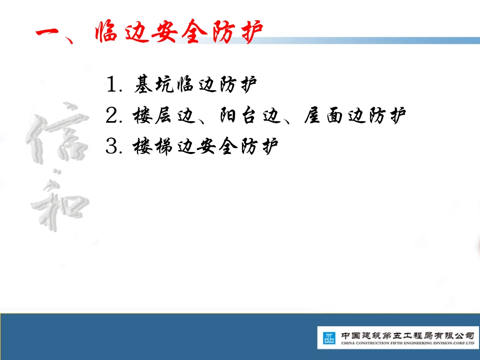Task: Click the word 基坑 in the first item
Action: (x=155, y=85)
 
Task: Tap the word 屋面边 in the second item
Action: (x=334, y=116)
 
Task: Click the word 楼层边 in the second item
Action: (x=156, y=116)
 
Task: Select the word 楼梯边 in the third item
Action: (x=156, y=147)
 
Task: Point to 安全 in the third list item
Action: (x=220, y=147)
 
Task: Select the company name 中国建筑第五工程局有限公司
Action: (x=407, y=335)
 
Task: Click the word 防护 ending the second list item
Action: (x=388, y=116)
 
